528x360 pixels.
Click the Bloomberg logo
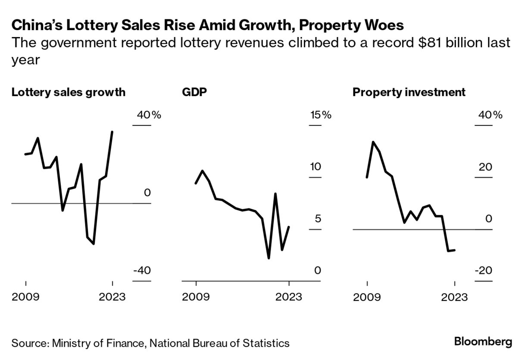point(483,342)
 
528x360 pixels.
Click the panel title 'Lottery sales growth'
point(69,92)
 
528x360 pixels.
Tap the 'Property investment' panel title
point(409,92)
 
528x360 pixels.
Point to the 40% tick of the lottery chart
point(149,115)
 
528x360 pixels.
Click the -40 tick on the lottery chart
point(142,271)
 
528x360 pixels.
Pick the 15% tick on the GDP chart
point(321,115)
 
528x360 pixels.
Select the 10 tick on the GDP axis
point(316,167)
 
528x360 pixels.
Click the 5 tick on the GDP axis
point(318,219)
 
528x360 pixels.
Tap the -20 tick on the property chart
point(484,271)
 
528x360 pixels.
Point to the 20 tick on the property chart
point(485,167)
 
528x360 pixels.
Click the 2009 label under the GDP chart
point(196,297)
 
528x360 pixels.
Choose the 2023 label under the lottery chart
point(112,297)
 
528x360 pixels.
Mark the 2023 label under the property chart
point(454,297)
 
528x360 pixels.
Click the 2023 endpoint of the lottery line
point(112,132)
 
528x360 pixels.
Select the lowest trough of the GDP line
point(269,258)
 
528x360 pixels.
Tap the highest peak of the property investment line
point(373,142)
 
